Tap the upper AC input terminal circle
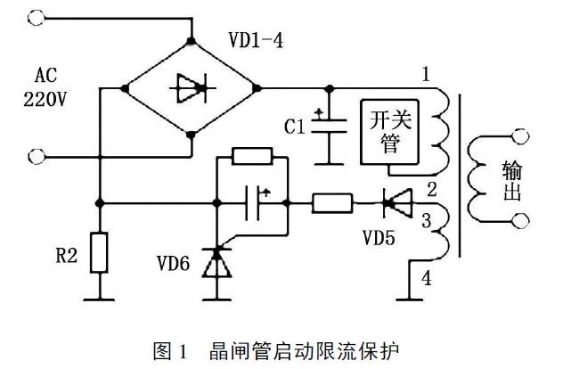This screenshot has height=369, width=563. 37,16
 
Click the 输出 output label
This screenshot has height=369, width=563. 513,181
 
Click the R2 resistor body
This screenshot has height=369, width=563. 101,252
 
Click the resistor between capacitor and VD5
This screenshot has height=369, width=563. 333,205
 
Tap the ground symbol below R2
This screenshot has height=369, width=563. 101,299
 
